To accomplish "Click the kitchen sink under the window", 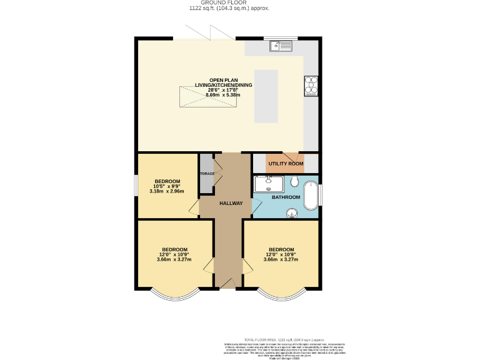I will [x=279, y=45].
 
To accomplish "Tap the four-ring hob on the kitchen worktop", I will [x=311, y=86].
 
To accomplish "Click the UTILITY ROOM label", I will [x=286, y=164].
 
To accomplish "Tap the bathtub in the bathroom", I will [x=311, y=196].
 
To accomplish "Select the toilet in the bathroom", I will [x=294, y=182].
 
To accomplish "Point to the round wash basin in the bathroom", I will [x=291, y=214].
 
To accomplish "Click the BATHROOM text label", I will [x=286, y=197].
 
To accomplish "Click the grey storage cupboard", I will [x=206, y=172].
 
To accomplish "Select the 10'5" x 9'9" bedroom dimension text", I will [x=167, y=186].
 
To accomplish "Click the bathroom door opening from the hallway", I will [x=256, y=206].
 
